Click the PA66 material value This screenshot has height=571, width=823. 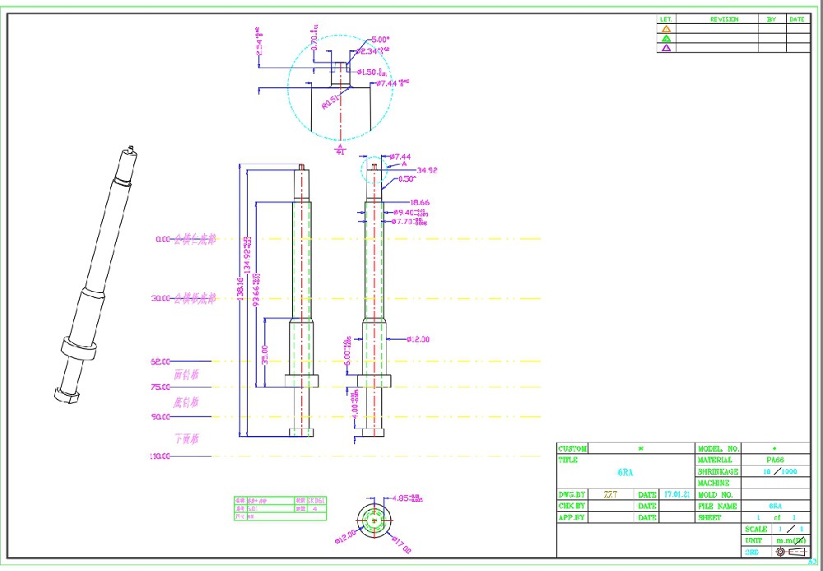[774, 460]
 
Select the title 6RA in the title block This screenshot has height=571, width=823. [625, 473]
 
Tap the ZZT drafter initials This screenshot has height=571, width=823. [610, 495]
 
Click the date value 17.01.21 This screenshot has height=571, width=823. [677, 495]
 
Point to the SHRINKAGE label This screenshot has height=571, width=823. [718, 472]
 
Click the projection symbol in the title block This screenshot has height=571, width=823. [781, 552]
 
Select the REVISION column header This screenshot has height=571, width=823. [724, 19]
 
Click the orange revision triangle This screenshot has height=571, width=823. [666, 29]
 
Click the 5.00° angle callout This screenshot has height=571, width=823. [380, 39]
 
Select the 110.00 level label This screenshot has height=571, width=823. [159, 456]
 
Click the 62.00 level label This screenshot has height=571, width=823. [160, 361]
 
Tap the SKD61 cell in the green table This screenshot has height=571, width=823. [315, 500]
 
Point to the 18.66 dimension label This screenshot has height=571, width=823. [420, 202]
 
